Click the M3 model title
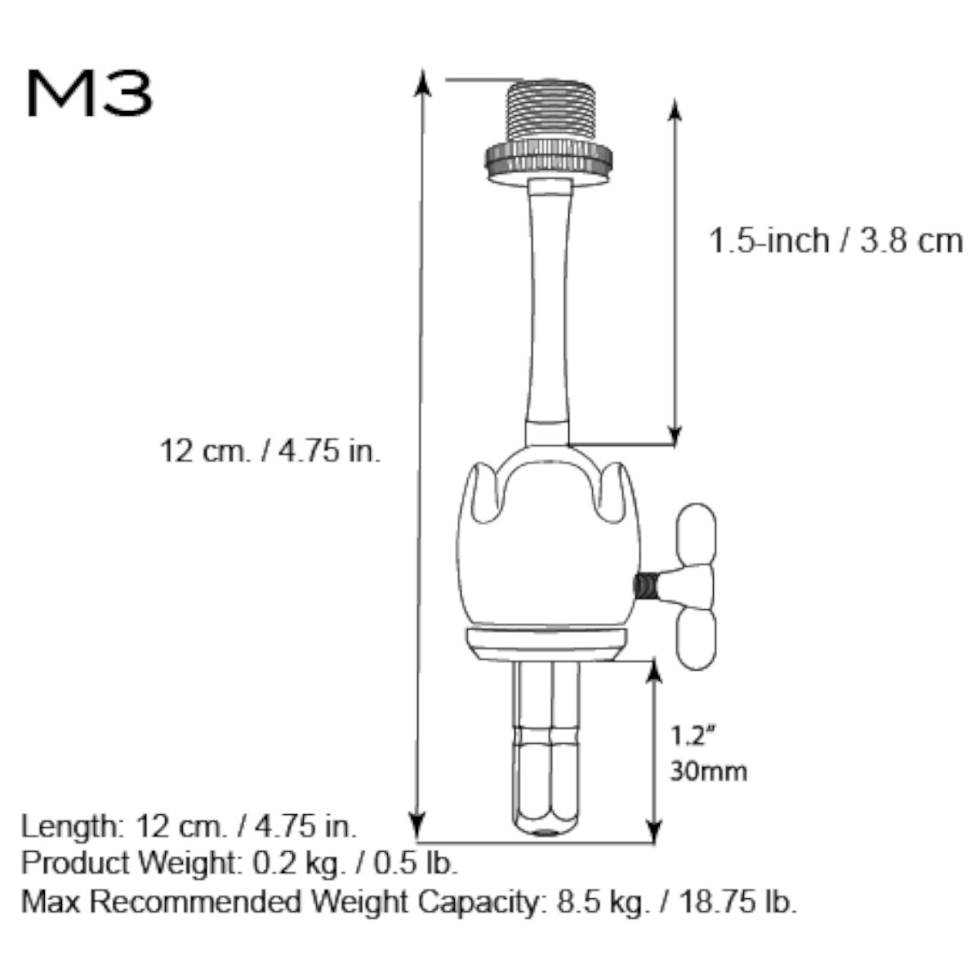(x=89, y=94)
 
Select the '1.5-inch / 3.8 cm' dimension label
(x=835, y=242)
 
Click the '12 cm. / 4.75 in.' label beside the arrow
(x=270, y=450)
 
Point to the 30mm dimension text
(x=708, y=770)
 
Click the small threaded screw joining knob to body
(x=646, y=586)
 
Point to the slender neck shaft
(x=547, y=310)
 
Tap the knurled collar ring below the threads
(x=547, y=161)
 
